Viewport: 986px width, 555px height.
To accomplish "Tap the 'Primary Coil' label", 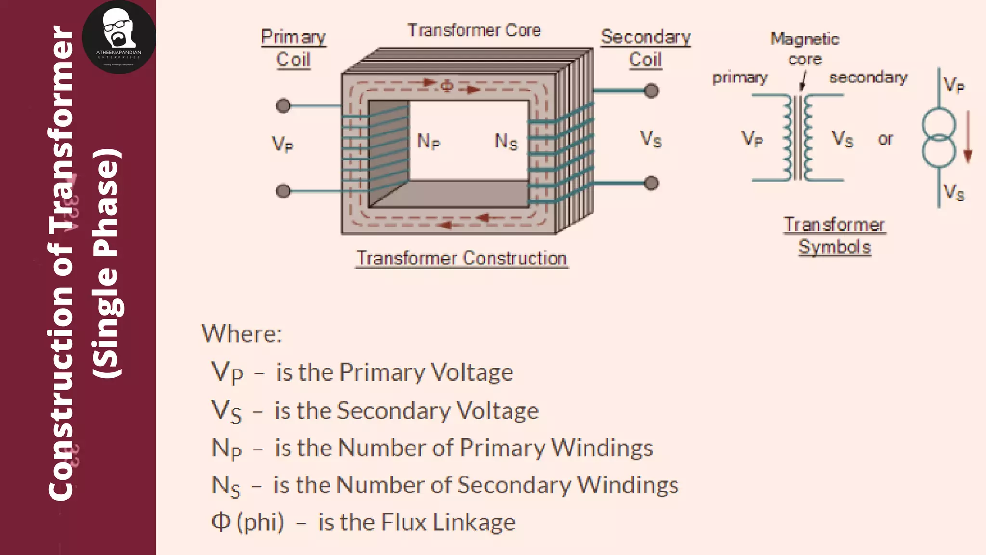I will (294, 48).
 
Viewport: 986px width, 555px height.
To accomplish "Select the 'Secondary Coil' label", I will (646, 48).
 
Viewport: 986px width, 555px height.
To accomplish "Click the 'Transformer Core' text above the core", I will (474, 30).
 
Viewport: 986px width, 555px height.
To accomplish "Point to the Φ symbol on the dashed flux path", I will (447, 86).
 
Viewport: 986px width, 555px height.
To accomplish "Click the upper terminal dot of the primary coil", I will (283, 106).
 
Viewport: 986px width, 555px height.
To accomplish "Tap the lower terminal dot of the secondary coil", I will (651, 183).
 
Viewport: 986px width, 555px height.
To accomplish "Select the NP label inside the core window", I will (428, 142).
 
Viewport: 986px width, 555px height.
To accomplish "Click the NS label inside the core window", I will (506, 142).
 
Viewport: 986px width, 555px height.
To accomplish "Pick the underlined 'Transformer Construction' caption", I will (462, 259).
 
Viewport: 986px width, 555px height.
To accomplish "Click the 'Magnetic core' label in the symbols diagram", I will (804, 49).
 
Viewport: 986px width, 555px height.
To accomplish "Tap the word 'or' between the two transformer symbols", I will (885, 139).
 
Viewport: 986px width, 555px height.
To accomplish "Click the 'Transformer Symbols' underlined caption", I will (834, 236).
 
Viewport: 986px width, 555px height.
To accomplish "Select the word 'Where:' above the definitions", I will (242, 333).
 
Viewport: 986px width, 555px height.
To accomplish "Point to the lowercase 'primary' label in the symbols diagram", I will (740, 78).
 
